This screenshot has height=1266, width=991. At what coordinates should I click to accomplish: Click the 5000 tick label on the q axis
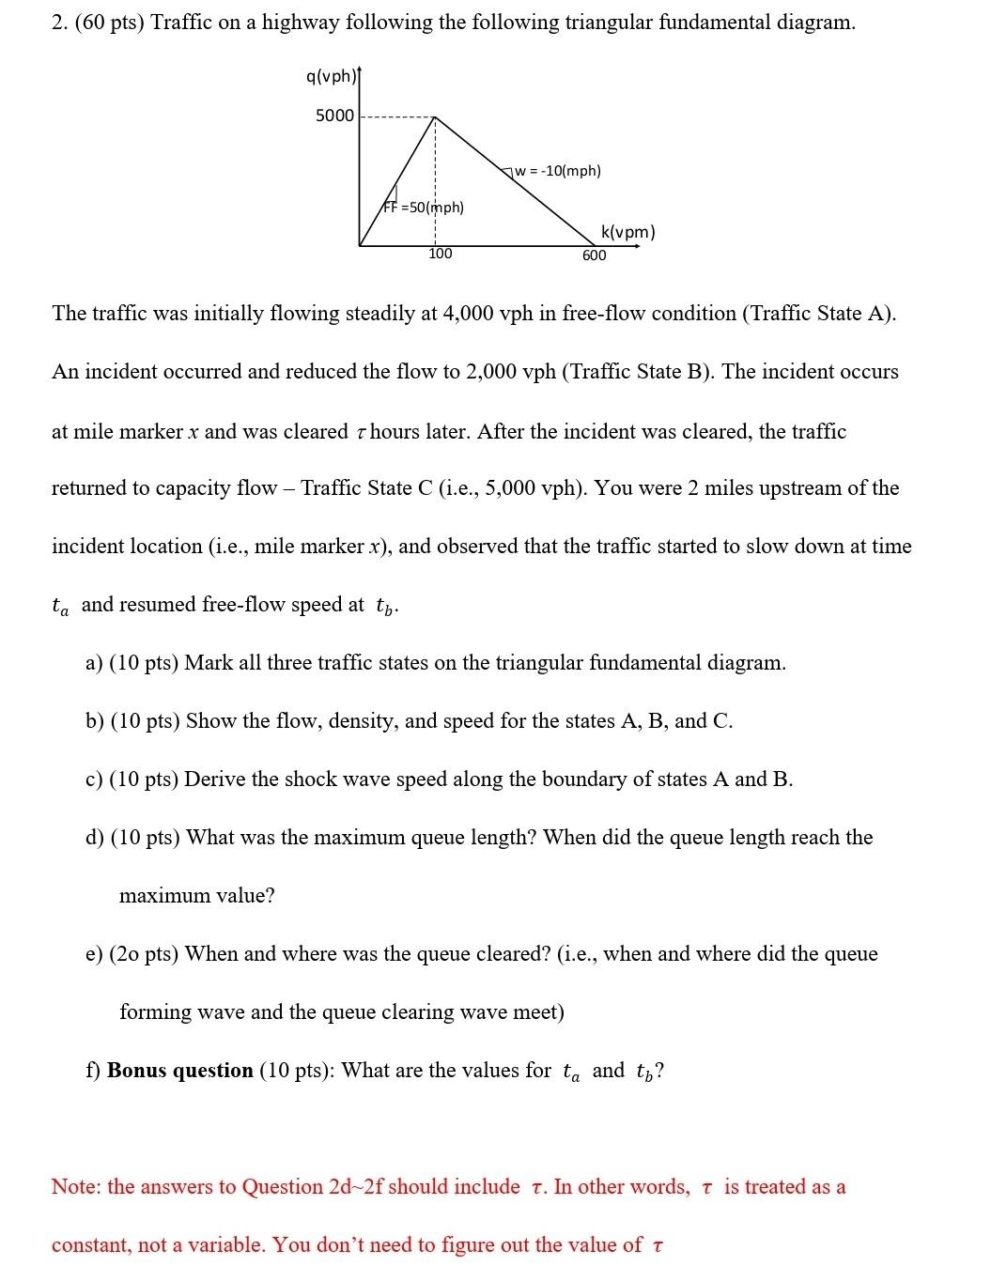pyautogui.click(x=334, y=116)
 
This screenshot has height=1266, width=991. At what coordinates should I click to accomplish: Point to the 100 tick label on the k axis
pyautogui.click(x=440, y=254)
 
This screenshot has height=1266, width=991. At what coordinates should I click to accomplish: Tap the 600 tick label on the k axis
pyautogui.click(x=594, y=255)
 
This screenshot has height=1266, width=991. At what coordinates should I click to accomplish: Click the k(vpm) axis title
pyautogui.click(x=627, y=232)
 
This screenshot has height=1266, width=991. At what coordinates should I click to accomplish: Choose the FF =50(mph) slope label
pyautogui.click(x=424, y=207)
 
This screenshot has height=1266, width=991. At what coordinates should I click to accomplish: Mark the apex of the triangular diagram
pyautogui.click(x=435, y=117)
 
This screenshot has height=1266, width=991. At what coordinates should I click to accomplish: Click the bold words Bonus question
pyautogui.click(x=180, y=1071)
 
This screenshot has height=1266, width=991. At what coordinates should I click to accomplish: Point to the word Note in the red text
pyautogui.click(x=74, y=1187)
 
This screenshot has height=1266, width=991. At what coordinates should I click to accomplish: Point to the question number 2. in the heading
pyautogui.click(x=59, y=23)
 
